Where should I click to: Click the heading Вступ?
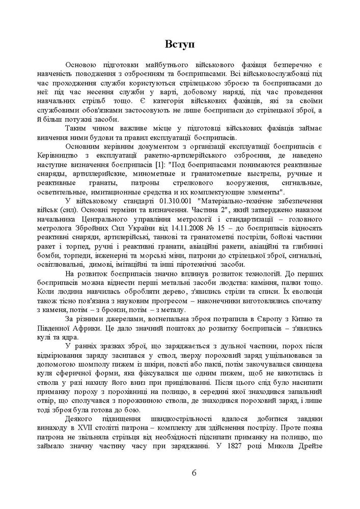[x=180, y=44]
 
